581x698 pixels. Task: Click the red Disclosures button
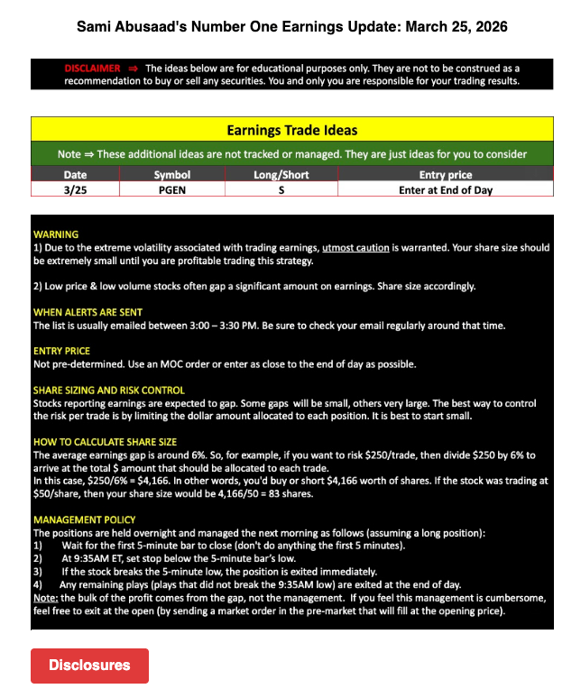pyautogui.click(x=89, y=666)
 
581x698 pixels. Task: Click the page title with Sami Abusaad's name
pyautogui.click(x=291, y=27)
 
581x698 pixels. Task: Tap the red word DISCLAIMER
pyautogui.click(x=92, y=68)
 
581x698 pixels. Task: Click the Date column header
pyautogui.click(x=76, y=174)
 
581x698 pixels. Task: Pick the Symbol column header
pyautogui.click(x=171, y=174)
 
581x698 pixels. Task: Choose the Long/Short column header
pyautogui.click(x=281, y=174)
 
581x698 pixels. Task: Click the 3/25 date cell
pyautogui.click(x=76, y=189)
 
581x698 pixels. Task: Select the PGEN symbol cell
pyautogui.click(x=171, y=189)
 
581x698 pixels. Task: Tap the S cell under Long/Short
pyautogui.click(x=281, y=189)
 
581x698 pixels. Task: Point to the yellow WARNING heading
pyautogui.click(x=55, y=234)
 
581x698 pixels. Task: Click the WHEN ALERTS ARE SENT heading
pyautogui.click(x=85, y=312)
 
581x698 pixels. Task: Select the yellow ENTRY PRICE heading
pyautogui.click(x=61, y=351)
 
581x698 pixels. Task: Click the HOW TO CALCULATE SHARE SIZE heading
pyautogui.click(x=105, y=443)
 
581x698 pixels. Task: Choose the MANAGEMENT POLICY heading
pyautogui.click(x=84, y=519)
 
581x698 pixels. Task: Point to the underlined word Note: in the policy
pyautogui.click(x=46, y=598)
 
